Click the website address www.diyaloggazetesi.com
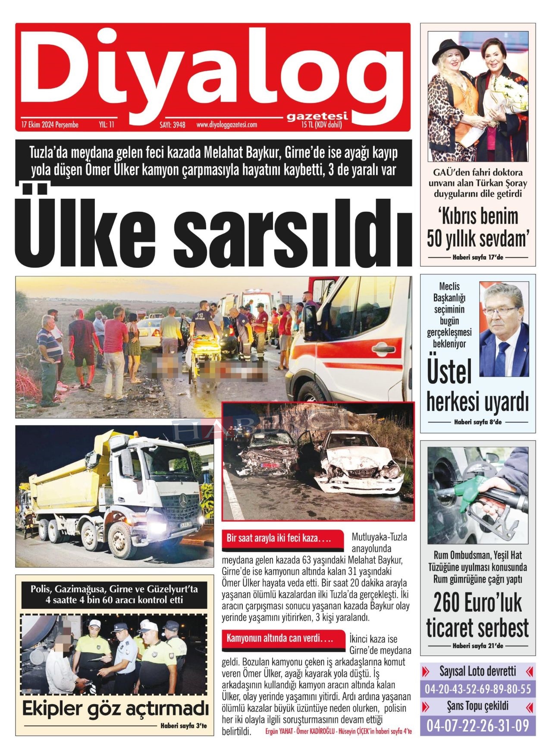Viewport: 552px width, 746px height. point(226,125)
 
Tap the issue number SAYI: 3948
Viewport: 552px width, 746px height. point(172,125)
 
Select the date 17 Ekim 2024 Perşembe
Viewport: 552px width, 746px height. point(50,125)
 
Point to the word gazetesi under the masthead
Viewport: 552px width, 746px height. point(317,116)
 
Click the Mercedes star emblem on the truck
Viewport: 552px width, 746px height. point(183,500)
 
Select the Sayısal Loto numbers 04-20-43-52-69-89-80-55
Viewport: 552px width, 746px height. point(478,689)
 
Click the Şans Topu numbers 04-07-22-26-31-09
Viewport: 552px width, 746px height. point(478,726)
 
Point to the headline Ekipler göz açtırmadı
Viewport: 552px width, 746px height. point(115,708)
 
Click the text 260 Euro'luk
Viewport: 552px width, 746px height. point(478,603)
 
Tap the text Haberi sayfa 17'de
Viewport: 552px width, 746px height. point(478,257)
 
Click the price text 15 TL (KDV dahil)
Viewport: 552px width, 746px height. point(322,125)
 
